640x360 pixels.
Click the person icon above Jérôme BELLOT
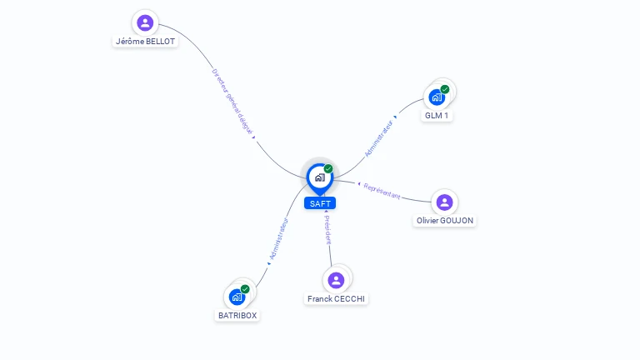point(145,22)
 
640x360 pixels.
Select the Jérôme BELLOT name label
point(146,41)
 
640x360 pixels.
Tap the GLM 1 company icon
point(437,97)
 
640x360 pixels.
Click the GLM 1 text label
point(437,116)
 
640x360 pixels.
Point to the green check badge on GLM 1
point(445,89)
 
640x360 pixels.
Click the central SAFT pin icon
point(319,177)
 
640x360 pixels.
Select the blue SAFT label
point(320,203)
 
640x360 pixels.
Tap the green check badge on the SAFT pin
point(328,168)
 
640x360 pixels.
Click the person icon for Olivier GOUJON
point(445,202)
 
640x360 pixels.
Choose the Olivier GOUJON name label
point(446,221)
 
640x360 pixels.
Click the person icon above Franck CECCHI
point(336,280)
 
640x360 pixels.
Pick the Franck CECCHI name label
point(336,298)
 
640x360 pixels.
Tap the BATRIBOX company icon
point(237,297)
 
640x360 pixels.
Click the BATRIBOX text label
point(237,316)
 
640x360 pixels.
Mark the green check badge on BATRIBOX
point(245,289)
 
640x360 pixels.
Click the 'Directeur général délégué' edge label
point(232,101)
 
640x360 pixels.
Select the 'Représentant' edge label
point(382,191)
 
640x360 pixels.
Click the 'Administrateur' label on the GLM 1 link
point(378,137)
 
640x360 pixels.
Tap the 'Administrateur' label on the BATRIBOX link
point(278,239)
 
